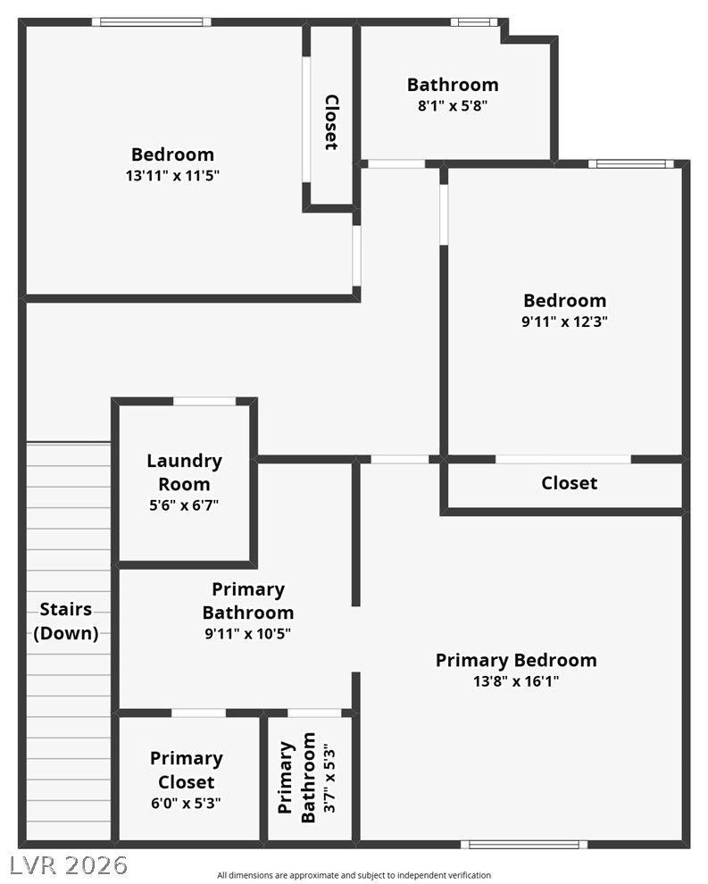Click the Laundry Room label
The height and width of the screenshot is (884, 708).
click(184, 472)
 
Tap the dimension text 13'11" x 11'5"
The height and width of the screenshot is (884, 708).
click(172, 175)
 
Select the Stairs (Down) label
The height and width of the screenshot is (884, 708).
click(66, 621)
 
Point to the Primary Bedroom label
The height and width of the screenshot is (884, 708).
click(516, 660)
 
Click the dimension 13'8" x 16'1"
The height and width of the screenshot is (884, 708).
click(516, 681)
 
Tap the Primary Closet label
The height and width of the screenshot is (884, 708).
click(186, 770)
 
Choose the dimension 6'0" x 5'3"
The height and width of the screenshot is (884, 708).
click(186, 803)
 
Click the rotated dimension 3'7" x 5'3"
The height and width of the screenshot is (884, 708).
click(329, 780)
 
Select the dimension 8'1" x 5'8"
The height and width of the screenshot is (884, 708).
click(453, 105)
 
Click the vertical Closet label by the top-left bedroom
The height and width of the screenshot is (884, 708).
click(332, 122)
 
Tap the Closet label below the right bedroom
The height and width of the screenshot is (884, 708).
click(569, 483)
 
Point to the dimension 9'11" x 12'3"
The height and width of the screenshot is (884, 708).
click(564, 321)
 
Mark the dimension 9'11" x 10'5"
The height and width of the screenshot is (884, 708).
click(247, 634)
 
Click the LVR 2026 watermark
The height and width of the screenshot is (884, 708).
click(69, 865)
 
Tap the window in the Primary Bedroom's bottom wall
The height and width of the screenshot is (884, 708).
click(524, 845)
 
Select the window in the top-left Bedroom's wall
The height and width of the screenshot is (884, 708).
click(152, 22)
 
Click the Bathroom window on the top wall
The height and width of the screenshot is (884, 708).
click(474, 22)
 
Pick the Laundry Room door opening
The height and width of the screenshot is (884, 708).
click(204, 402)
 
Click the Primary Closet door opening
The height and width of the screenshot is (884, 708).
click(198, 713)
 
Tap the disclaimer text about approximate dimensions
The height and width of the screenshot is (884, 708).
click(354, 875)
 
